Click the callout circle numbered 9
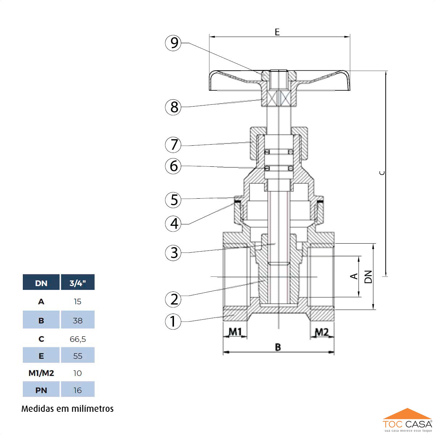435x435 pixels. [x=173, y=43]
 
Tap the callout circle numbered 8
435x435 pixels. [x=173, y=107]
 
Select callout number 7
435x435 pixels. [x=173, y=145]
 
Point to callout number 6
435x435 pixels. [x=173, y=166]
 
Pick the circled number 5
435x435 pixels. [x=173, y=200]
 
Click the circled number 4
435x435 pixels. [x=173, y=224]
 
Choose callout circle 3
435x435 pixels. [x=173, y=253]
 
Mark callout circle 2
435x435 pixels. [x=173, y=299]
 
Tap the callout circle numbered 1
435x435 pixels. [x=173, y=321]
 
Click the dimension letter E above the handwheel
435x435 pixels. [x=277, y=32]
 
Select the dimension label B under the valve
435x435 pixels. [x=278, y=347]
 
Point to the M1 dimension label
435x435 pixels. [x=235, y=332]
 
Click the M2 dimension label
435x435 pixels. [x=321, y=332]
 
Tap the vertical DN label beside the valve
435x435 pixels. [x=368, y=277]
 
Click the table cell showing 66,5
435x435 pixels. [x=78, y=339]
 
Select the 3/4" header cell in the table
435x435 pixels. [x=78, y=283]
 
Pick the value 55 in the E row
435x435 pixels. [x=78, y=356]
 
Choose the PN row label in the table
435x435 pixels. [x=41, y=390]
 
